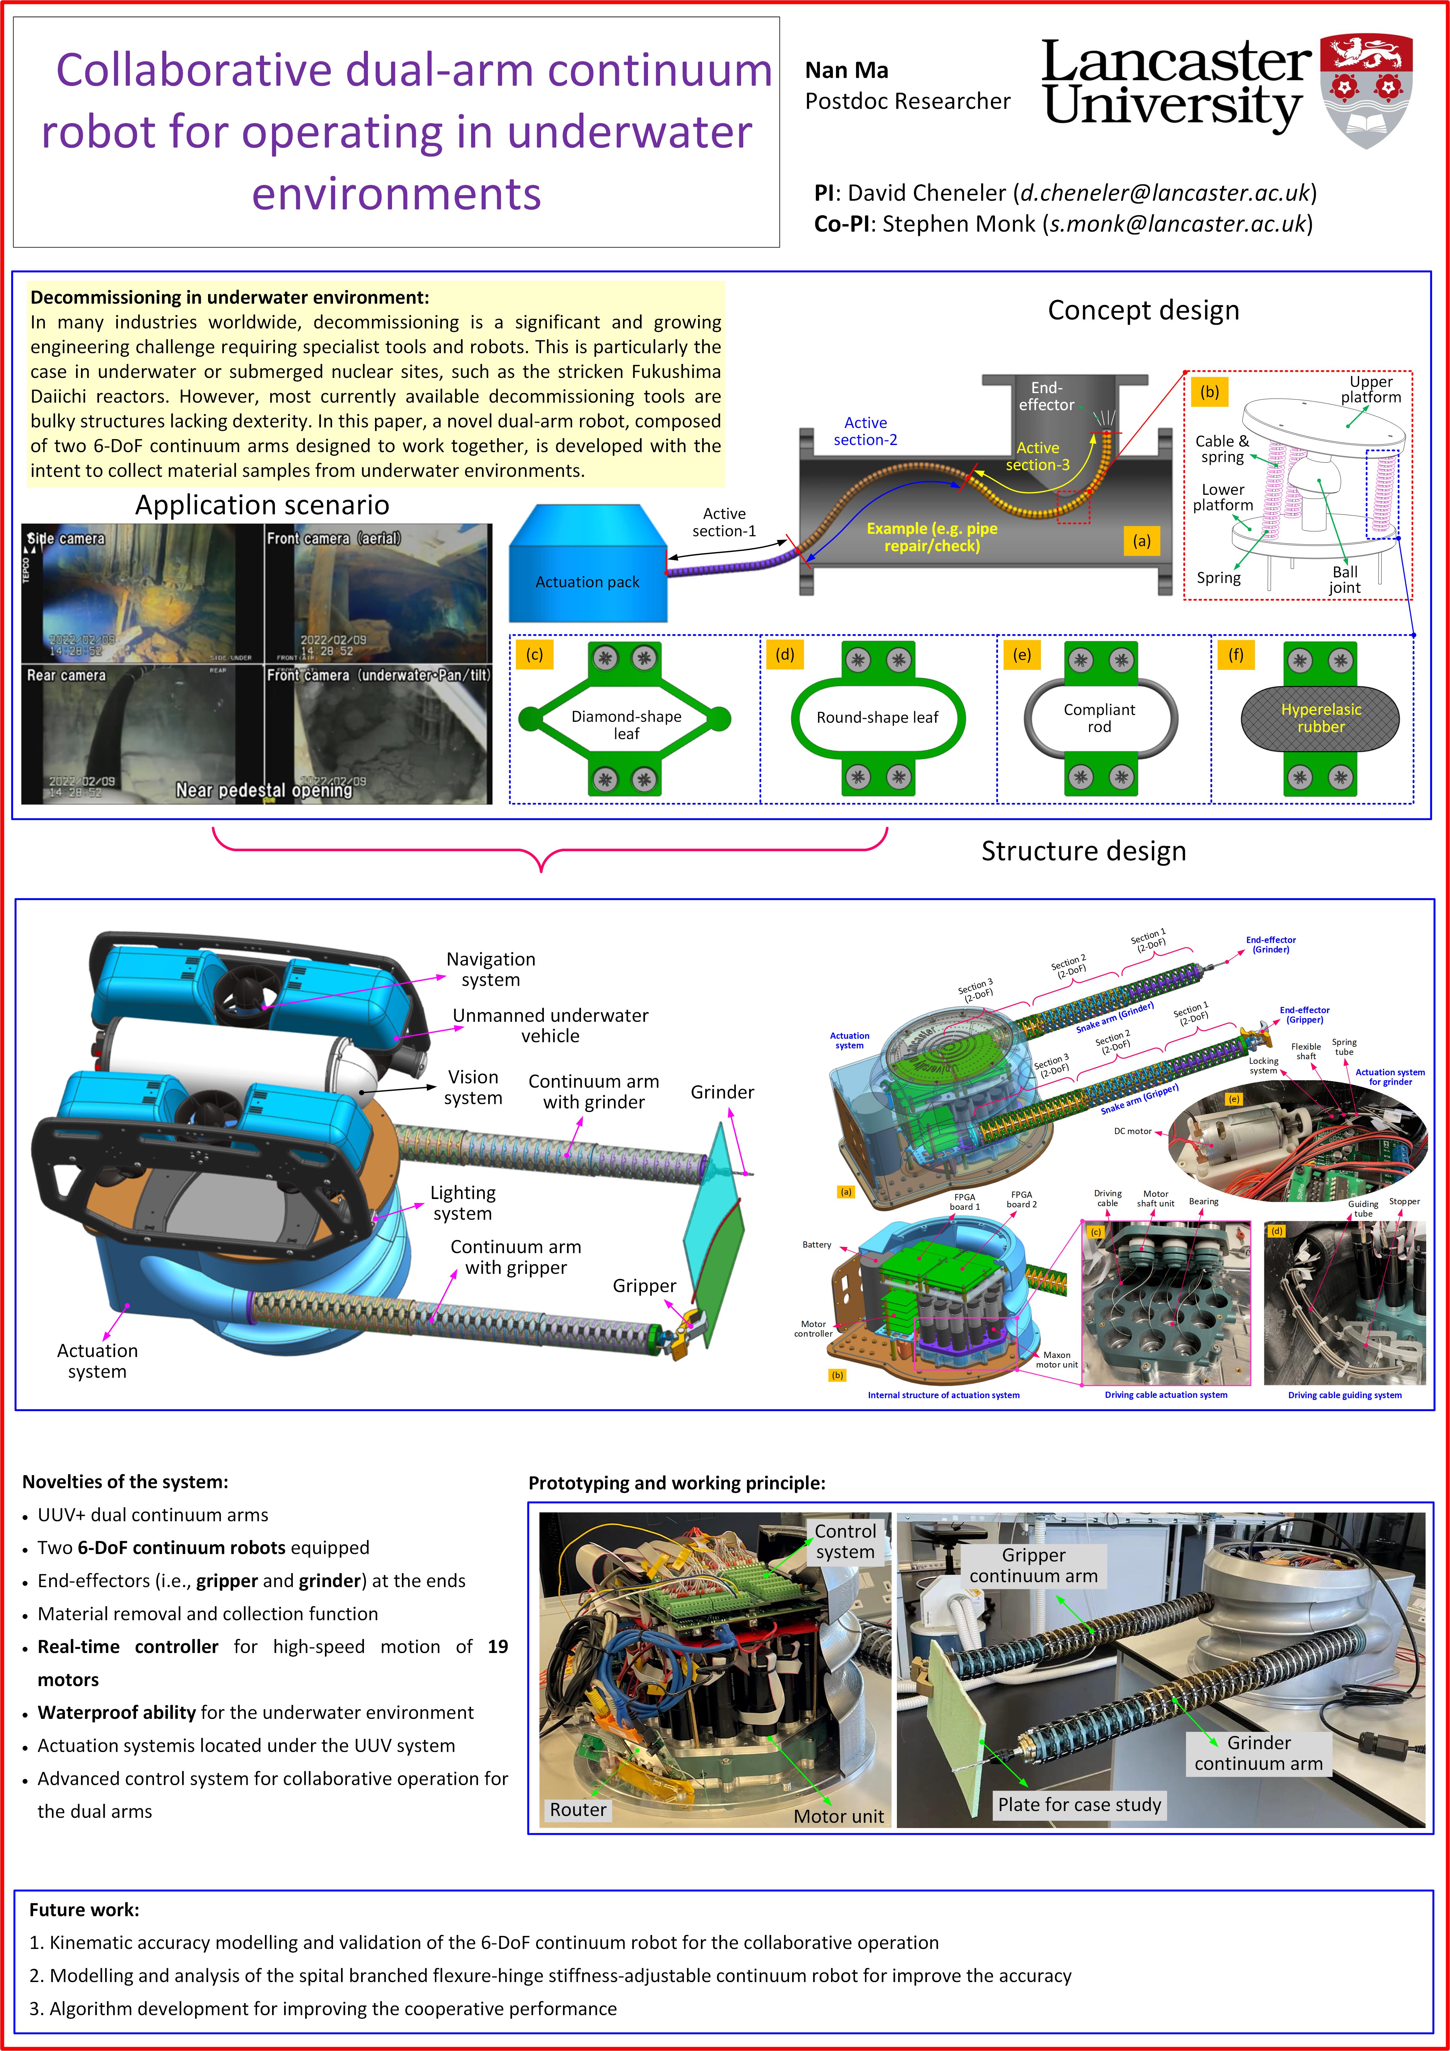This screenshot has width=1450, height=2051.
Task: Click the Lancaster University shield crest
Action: click(x=1366, y=89)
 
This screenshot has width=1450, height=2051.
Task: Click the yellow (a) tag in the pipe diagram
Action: click(x=1141, y=541)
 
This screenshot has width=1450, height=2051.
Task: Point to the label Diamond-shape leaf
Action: click(x=626, y=725)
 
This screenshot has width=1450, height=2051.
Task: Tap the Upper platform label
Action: click(x=1371, y=389)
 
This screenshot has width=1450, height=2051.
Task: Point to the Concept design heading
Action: click(x=1143, y=310)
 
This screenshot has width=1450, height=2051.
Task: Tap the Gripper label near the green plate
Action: click(x=644, y=1286)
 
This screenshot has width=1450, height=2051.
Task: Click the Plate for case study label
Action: click(x=1080, y=1805)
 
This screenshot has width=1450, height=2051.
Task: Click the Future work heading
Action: click(x=84, y=1910)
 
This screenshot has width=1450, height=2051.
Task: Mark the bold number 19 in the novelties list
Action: click(x=497, y=1646)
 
